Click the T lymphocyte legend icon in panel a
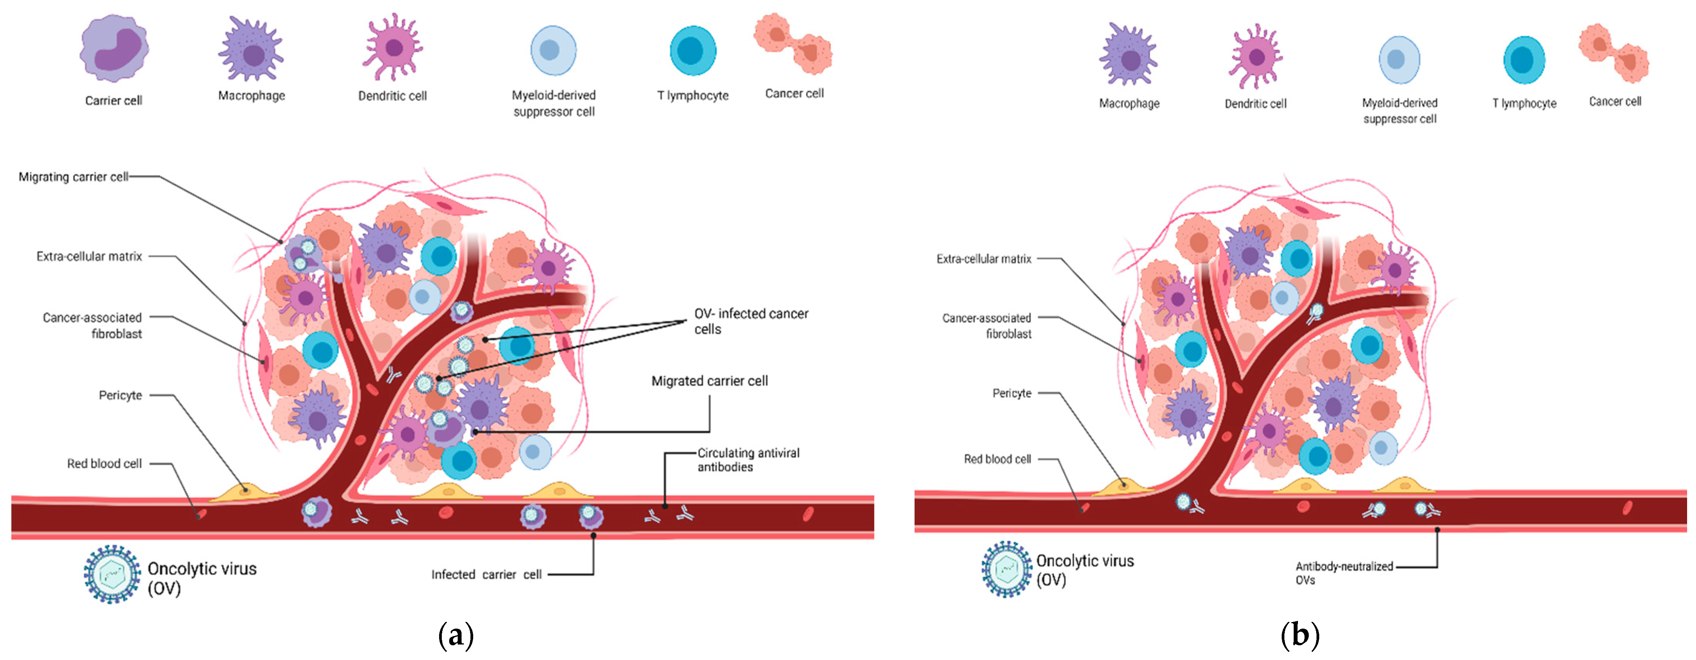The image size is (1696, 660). point(693,51)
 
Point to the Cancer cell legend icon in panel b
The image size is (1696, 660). point(1614,53)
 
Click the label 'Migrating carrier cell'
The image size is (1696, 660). point(73,177)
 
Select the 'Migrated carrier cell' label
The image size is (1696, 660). point(709,381)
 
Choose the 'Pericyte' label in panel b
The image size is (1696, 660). point(1012,393)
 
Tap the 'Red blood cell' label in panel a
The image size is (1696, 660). point(104,464)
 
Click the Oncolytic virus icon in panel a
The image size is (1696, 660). point(112,573)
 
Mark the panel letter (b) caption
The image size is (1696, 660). point(1299,636)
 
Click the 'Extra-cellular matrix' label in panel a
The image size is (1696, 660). point(89,256)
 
